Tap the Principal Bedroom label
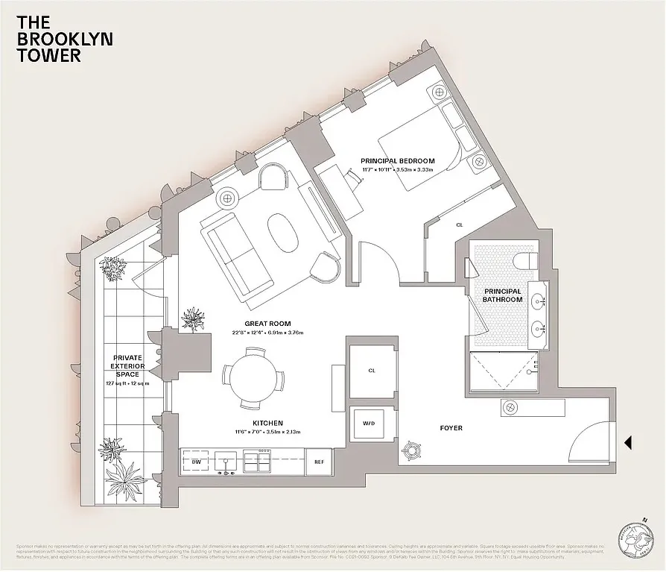coord(397,161)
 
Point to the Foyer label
coord(451,428)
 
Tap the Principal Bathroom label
coord(503,295)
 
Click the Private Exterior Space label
coord(127,365)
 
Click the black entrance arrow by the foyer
coord(628,443)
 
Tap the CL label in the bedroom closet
coord(459,224)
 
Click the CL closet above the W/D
coord(372,369)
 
